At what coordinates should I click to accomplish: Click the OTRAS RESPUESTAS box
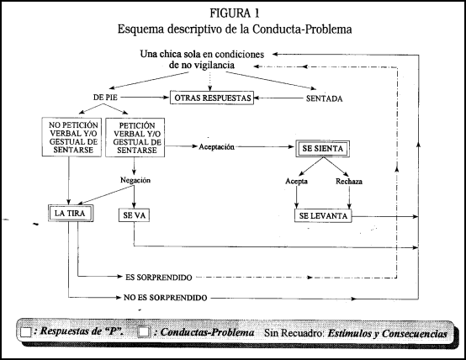(x=212, y=98)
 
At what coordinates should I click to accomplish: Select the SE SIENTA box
(x=322, y=149)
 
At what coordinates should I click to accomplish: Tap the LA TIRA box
(x=71, y=213)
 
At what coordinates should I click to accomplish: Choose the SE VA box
(x=134, y=215)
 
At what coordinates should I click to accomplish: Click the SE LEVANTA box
(x=323, y=215)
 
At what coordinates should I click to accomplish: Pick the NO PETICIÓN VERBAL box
(x=71, y=137)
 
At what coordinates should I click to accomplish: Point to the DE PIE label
(x=105, y=98)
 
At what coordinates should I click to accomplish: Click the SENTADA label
(x=324, y=98)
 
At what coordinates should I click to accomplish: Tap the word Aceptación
(x=216, y=147)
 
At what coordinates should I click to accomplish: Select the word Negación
(x=135, y=180)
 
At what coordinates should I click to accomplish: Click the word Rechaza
(x=349, y=182)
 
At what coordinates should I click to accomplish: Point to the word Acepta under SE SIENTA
(x=296, y=182)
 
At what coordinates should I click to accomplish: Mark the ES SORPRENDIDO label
(x=159, y=278)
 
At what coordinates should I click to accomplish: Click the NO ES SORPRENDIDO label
(x=165, y=298)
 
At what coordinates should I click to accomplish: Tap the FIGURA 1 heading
(x=235, y=13)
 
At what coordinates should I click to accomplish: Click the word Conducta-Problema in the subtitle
(x=302, y=29)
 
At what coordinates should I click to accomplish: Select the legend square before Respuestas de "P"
(x=26, y=332)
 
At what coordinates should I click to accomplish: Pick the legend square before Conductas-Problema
(x=144, y=331)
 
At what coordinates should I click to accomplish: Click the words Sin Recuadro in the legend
(x=294, y=333)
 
